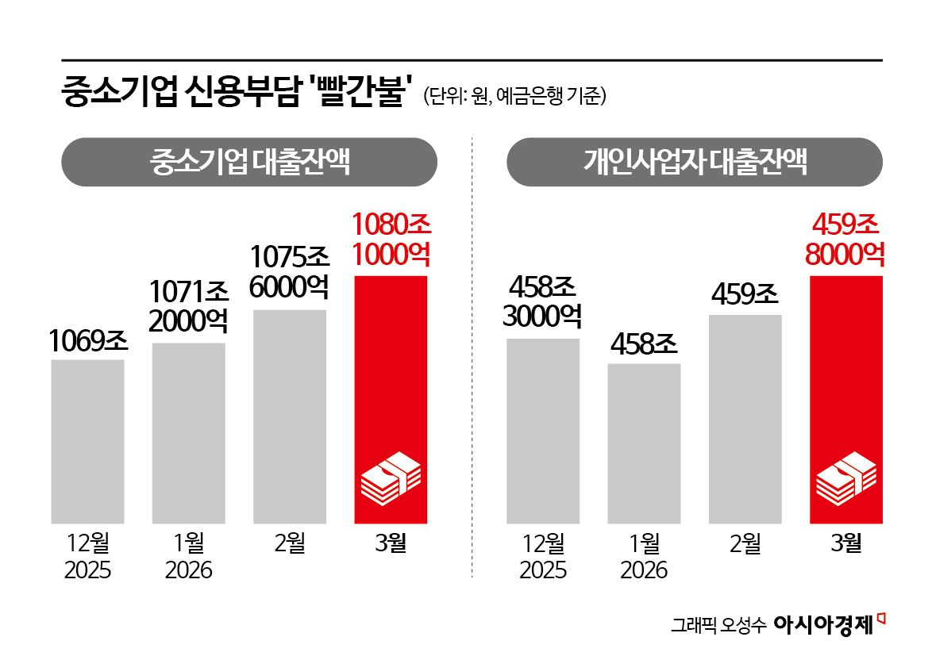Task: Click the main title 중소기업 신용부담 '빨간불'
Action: [237, 93]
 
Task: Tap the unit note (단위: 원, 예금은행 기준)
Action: [515, 96]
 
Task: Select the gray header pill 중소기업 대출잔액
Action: [249, 163]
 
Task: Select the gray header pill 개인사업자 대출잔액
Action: [695, 163]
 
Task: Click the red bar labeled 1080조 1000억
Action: [391, 373]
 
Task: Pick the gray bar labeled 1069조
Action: [88, 441]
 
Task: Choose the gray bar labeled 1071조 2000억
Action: [188, 433]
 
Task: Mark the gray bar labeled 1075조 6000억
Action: [289, 416]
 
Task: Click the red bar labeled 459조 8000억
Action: [845, 373]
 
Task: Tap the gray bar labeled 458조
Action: [644, 443]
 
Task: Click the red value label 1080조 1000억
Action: [391, 240]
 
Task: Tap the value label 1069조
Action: [88, 340]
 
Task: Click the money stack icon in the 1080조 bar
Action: [391, 479]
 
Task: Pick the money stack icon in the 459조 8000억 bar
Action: [846, 479]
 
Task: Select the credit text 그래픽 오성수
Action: [718, 625]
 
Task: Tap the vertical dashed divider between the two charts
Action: [472, 357]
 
